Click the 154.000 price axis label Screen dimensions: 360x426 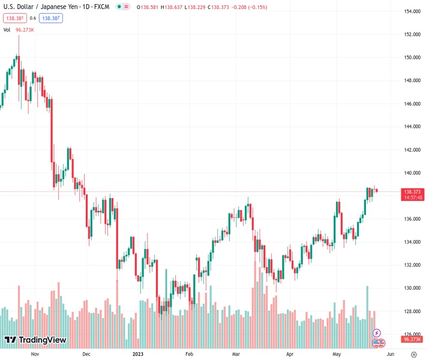pyautogui.click(x=411, y=11)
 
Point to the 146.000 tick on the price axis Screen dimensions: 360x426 pyautogui.click(x=411, y=104)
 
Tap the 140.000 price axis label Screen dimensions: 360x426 pyautogui.click(x=411, y=173)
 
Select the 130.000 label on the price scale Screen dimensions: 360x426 pyautogui.click(x=411, y=288)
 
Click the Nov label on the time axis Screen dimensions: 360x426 pyautogui.click(x=34, y=355)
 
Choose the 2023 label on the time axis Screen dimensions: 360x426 pyautogui.click(x=137, y=355)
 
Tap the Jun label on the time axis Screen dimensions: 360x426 pyautogui.click(x=392, y=355)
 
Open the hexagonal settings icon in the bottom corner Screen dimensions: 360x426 pyautogui.click(x=412, y=355)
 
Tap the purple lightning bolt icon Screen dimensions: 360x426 pyautogui.click(x=377, y=332)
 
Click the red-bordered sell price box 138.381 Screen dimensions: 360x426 pyautogui.click(x=15, y=18)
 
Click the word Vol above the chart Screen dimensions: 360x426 pyautogui.click(x=7, y=29)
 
